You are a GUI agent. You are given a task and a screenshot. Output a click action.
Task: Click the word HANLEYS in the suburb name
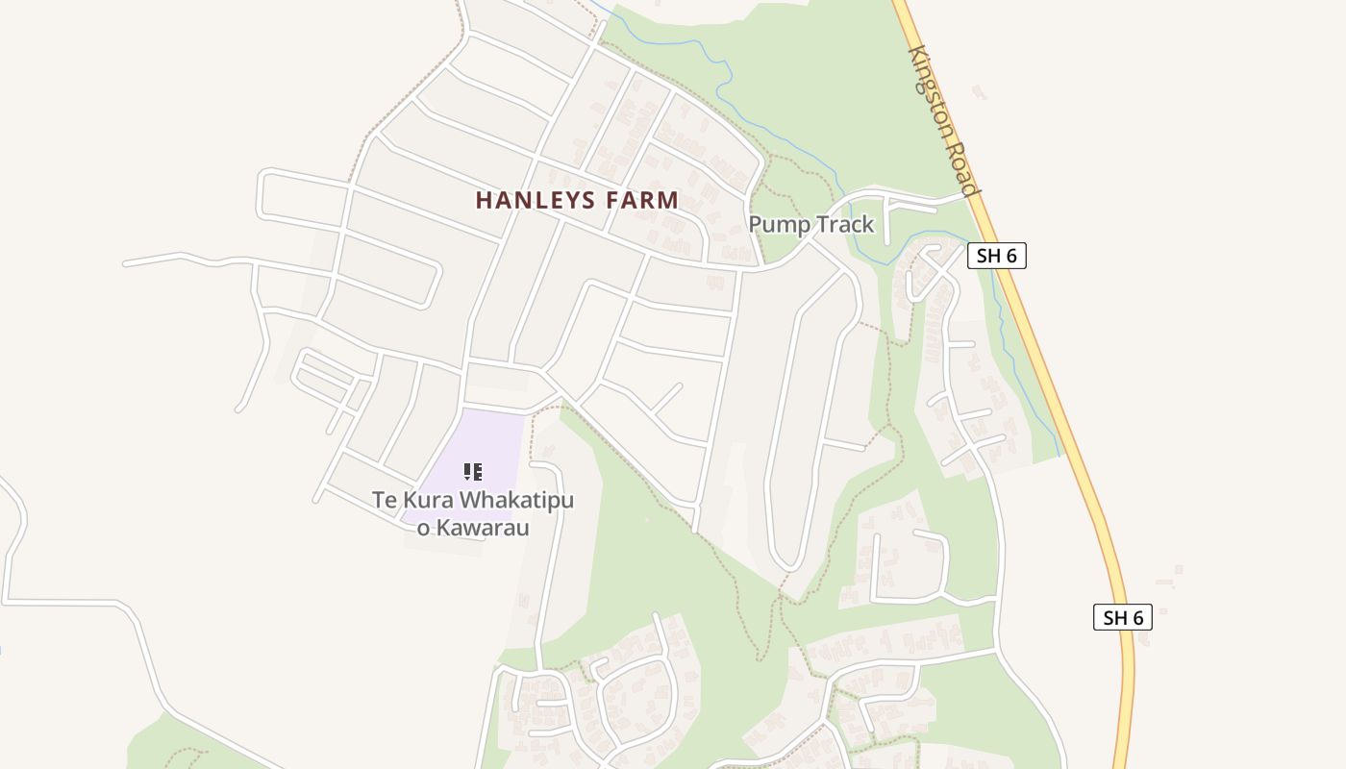pyautogui.click(x=537, y=200)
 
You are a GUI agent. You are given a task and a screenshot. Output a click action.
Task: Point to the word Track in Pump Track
pyautogui.click(x=840, y=225)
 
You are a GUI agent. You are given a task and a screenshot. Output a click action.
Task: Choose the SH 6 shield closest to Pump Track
pyautogui.click(x=996, y=256)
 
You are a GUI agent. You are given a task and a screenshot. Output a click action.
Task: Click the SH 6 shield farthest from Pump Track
pyautogui.click(x=1122, y=617)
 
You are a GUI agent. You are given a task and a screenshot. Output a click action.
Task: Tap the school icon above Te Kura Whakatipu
pyautogui.click(x=472, y=471)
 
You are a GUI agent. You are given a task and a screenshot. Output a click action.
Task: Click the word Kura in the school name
pyautogui.click(x=430, y=501)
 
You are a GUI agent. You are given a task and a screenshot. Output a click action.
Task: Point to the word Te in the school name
pyautogui.click(x=385, y=501)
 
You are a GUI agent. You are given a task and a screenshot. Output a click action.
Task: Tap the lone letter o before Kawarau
pyautogui.click(x=422, y=528)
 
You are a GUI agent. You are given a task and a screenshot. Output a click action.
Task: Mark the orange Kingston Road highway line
pyautogui.click(x=1058, y=404)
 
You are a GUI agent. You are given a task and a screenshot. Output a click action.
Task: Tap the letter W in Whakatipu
pyautogui.click(x=471, y=501)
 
